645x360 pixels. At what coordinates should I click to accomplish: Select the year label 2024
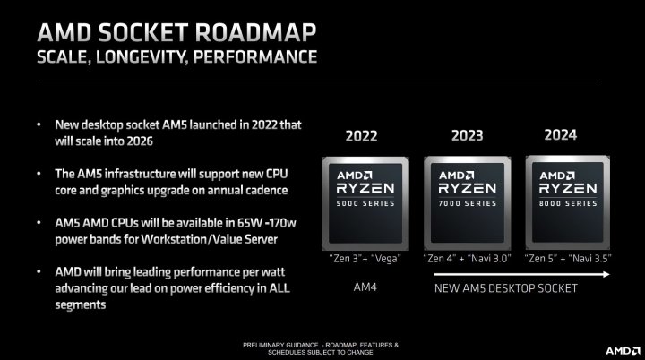tap(560, 135)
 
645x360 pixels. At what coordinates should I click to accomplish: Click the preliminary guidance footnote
tap(322, 347)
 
